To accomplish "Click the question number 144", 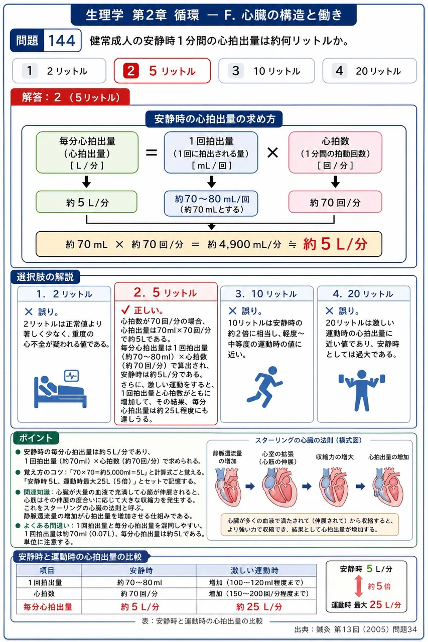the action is (62, 41).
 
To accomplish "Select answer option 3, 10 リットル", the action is (266, 71).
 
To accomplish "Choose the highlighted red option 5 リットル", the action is (162, 71).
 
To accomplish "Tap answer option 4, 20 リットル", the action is (369, 71).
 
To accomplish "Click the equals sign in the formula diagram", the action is (152, 152).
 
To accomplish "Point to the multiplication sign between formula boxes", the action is (272, 152).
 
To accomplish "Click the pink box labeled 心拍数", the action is (335, 152).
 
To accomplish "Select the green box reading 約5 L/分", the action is (87, 202).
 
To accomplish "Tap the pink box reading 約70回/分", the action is (335, 202).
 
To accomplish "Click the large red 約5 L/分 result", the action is (335, 244).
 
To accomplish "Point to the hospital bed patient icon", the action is (61, 389).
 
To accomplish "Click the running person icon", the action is (264, 387).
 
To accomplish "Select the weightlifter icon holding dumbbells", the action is (361, 390).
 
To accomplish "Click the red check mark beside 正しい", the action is (125, 310).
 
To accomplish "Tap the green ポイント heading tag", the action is (36, 438).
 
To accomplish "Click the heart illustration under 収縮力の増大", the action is (334, 487).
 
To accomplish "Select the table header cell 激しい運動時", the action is (254, 570).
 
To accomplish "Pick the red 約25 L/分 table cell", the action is (259, 607).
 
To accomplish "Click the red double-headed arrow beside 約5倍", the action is (359, 586).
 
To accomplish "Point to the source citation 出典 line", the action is (355, 629).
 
